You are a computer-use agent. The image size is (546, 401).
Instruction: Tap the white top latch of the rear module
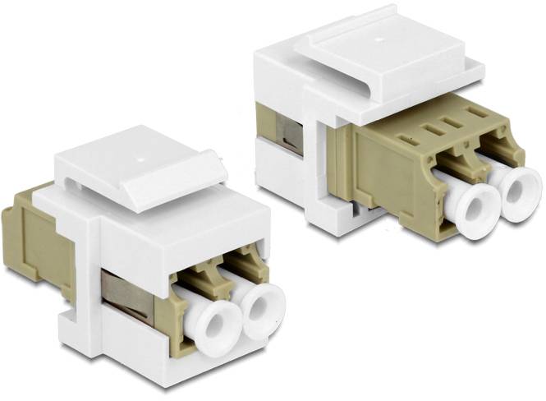pyautogui.click(x=378, y=49)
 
